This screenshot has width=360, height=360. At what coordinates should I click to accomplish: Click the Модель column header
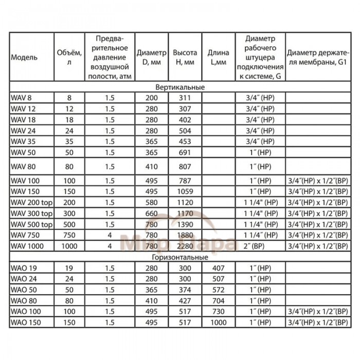tap(24, 58)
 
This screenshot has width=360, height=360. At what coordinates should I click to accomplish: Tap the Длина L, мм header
tap(218, 58)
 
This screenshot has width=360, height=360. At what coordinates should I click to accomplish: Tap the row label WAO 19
tap(21, 267)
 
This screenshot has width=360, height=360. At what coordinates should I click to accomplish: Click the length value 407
tap(218, 267)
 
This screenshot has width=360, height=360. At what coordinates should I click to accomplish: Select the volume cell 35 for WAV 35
tap(69, 139)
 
